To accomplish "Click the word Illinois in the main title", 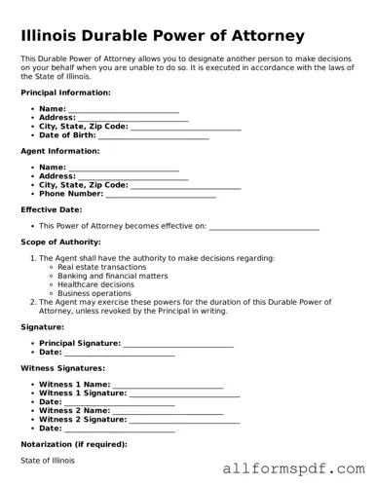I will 51,36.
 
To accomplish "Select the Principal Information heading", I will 65,93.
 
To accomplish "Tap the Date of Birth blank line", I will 154,136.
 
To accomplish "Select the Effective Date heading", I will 51,209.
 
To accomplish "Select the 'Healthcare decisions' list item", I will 96,284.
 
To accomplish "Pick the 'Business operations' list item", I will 94,293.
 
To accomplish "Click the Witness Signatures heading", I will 62,369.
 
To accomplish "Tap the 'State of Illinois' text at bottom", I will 48,460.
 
